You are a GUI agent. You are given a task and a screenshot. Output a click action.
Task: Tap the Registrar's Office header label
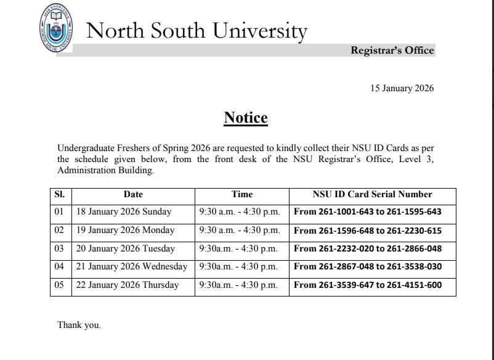[x=392, y=51]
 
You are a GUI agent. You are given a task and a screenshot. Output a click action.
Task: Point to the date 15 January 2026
[x=402, y=88]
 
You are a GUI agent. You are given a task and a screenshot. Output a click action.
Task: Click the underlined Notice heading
[x=246, y=118]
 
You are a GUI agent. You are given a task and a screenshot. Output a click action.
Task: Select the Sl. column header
[x=60, y=194]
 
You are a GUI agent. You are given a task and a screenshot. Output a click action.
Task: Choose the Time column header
[x=241, y=194]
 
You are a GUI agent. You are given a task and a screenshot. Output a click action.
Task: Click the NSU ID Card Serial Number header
[x=372, y=194]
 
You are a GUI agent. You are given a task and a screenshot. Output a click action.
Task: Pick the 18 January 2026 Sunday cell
[x=124, y=211]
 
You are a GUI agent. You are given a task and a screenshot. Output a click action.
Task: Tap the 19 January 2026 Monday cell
[x=125, y=230]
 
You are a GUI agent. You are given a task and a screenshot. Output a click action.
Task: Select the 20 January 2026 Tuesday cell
[x=125, y=248]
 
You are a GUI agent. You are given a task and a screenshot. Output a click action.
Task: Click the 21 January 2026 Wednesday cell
[x=131, y=266]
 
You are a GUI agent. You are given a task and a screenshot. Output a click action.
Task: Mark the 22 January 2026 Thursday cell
[x=127, y=285]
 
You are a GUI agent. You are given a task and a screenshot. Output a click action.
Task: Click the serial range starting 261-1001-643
[x=368, y=211]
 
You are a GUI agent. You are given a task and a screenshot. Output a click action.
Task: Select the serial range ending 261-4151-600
[x=368, y=285]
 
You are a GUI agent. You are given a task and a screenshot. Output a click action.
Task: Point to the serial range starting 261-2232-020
[x=368, y=248]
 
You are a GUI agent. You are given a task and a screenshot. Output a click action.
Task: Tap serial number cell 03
[x=60, y=248]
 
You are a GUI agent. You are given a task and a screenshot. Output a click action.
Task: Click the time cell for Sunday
[x=240, y=211]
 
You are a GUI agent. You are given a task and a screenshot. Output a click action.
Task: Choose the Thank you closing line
[x=79, y=325]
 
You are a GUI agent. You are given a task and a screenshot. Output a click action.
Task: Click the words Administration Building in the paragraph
[x=105, y=171]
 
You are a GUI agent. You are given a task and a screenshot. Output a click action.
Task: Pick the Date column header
[x=133, y=194]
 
